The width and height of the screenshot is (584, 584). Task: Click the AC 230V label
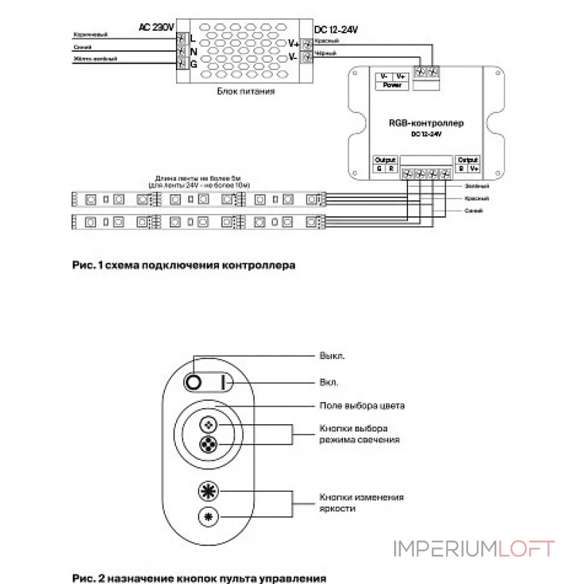pyautogui.click(x=156, y=27)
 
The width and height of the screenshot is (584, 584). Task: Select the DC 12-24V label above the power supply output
pyautogui.click(x=336, y=30)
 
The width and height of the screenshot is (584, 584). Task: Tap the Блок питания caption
pyautogui.click(x=245, y=92)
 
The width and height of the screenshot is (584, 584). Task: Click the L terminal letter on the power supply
pyautogui.click(x=193, y=38)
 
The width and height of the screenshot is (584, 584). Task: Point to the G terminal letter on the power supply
pyautogui.click(x=193, y=64)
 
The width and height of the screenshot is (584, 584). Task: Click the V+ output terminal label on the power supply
pyautogui.click(x=293, y=44)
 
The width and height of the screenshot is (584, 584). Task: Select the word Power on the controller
pyautogui.click(x=392, y=85)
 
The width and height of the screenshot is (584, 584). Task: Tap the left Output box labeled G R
pyautogui.click(x=385, y=164)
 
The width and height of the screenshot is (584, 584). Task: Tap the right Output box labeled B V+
pyautogui.click(x=468, y=164)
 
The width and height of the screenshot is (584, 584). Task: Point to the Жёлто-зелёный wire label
pyautogui.click(x=96, y=58)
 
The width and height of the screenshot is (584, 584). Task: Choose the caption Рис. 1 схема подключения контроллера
pyautogui.click(x=184, y=266)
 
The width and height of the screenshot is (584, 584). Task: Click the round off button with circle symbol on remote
pyautogui.click(x=194, y=382)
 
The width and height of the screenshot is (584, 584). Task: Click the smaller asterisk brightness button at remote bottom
pyautogui.click(x=209, y=517)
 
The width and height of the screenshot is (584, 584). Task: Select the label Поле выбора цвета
pyautogui.click(x=361, y=405)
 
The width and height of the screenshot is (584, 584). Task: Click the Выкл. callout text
pyautogui.click(x=332, y=357)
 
